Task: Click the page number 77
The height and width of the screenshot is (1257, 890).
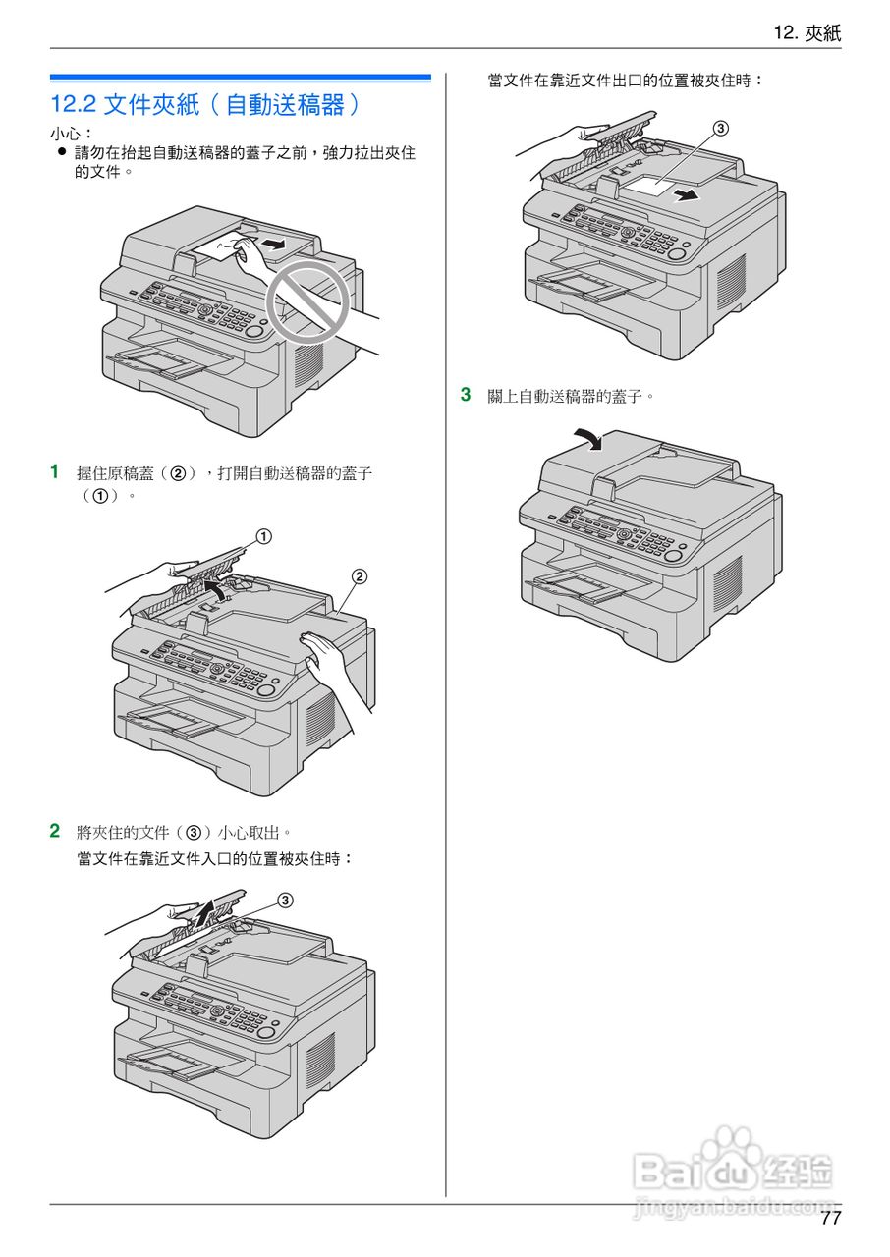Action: (x=830, y=1219)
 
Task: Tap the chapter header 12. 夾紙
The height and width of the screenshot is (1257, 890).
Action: (x=807, y=32)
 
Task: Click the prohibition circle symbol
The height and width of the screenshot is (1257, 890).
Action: (x=311, y=294)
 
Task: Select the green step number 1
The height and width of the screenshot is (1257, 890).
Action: (x=55, y=471)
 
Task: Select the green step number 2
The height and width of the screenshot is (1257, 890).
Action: (x=55, y=831)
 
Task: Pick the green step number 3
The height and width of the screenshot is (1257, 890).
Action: (x=466, y=395)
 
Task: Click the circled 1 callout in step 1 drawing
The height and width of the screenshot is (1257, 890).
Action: (x=263, y=536)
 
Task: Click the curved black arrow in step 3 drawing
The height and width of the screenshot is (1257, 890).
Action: (x=588, y=438)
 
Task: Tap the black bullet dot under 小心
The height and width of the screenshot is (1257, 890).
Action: (x=61, y=153)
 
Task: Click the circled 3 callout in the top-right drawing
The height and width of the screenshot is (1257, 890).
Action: (x=720, y=129)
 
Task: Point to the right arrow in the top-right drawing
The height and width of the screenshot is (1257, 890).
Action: (x=689, y=195)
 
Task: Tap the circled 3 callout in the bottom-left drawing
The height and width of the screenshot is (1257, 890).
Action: (x=285, y=900)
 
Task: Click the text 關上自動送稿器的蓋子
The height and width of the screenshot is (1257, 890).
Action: (x=571, y=396)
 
